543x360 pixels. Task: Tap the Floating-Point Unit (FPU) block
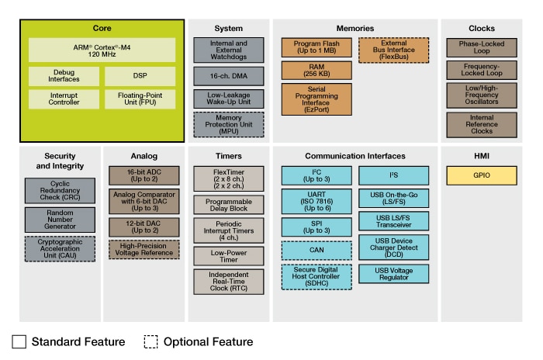[140, 100]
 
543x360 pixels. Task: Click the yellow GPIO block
[482, 175]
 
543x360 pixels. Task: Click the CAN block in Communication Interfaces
[315, 250]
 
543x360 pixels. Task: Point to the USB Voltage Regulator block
[393, 274]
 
